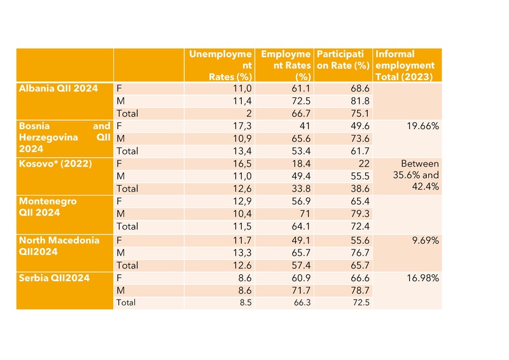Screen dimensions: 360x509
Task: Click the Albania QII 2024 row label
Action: (59, 88)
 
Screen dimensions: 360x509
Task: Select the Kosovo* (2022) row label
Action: (55, 164)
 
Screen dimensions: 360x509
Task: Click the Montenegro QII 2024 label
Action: (48, 207)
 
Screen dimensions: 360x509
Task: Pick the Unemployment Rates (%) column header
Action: (221, 66)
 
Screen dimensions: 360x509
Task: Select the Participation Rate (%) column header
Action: (343, 60)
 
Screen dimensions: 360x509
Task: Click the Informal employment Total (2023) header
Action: (405, 66)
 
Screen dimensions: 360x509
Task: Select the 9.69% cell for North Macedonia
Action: (422, 240)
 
